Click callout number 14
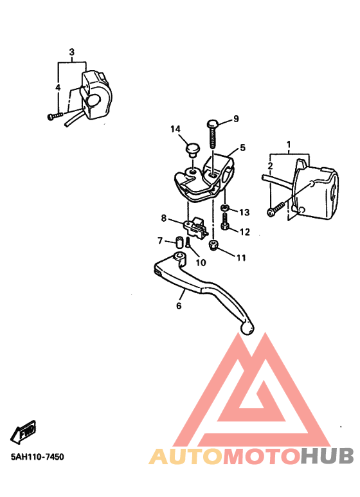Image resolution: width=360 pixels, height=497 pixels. tap(175, 129)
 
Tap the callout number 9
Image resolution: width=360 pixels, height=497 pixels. tap(236, 119)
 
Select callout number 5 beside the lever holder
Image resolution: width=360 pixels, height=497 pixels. tap(242, 147)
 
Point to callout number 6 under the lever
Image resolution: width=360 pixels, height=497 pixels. tap(179, 306)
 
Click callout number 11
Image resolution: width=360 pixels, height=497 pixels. tap(241, 258)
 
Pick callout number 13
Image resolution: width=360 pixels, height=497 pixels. tap(244, 212)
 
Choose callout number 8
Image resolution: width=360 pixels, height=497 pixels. tap(163, 218)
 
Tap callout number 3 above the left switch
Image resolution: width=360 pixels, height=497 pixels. tap(71, 52)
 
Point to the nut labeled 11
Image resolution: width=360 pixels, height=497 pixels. tap(213, 245)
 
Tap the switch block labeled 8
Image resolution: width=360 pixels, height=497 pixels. tap(196, 226)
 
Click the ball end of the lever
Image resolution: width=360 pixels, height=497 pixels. tap(248, 329)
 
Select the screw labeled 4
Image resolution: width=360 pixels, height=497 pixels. tap(55, 116)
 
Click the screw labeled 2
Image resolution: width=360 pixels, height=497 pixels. tap(276, 210)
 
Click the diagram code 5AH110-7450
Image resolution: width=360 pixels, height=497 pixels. tap(37, 456)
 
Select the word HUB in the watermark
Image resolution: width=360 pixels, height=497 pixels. tap(327, 456)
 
